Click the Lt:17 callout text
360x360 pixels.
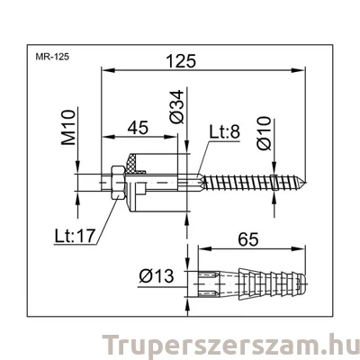point(76,237)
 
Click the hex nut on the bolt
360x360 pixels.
point(114,183)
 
